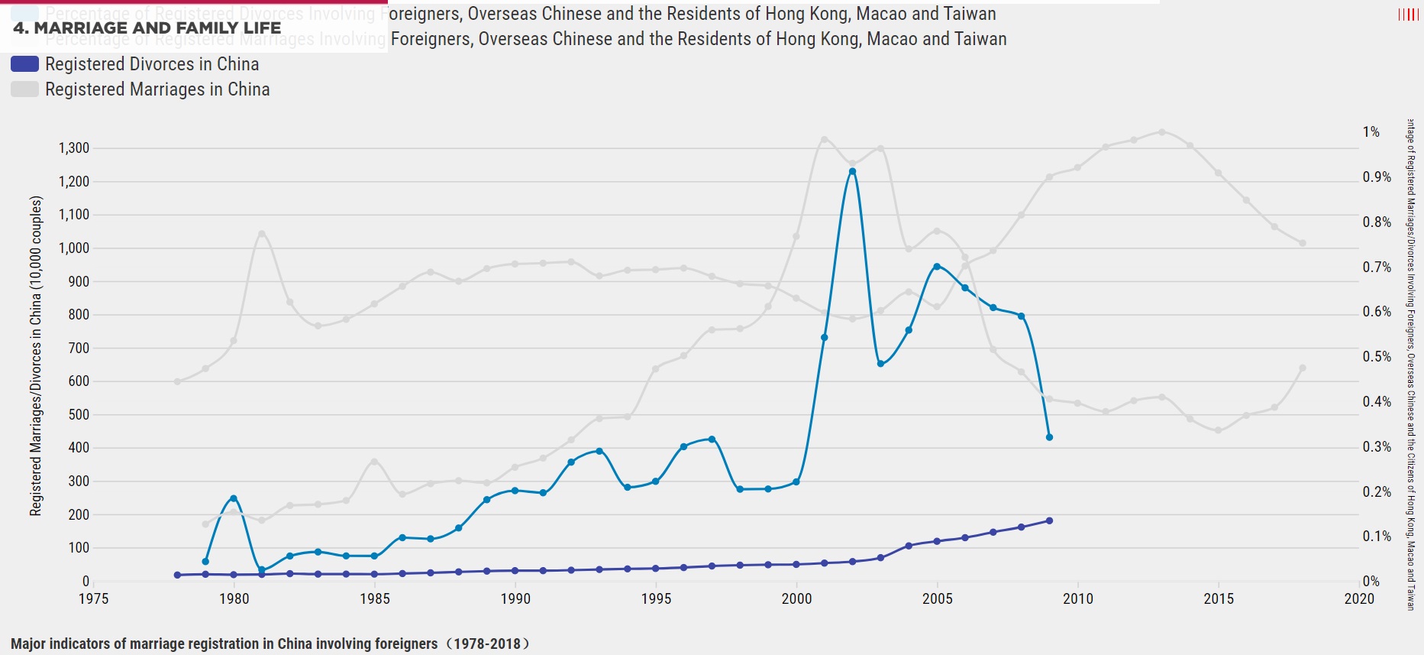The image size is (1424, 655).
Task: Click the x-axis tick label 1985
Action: point(375,599)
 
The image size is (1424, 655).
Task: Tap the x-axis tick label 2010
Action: point(1077,599)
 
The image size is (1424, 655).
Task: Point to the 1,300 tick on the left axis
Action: point(74,148)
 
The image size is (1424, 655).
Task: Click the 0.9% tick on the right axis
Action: point(1377,177)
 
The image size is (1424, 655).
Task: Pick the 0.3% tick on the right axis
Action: point(1377,447)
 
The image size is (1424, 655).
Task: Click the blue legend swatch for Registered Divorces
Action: point(24,64)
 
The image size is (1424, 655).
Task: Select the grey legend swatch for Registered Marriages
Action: point(24,89)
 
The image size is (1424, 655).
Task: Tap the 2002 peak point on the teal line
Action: point(852,171)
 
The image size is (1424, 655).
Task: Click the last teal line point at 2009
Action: point(1049,437)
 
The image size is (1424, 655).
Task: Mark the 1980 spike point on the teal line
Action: point(234,498)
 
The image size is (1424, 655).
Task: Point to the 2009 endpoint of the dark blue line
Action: point(1049,520)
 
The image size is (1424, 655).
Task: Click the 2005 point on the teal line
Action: point(937,267)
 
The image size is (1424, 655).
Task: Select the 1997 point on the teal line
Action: point(712,439)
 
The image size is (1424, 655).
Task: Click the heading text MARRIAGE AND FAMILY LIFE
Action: point(147,28)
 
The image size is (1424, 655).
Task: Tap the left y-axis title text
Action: point(36,355)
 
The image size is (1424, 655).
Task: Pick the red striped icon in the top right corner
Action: point(1408,15)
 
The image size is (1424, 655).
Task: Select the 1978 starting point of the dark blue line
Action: point(177,575)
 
